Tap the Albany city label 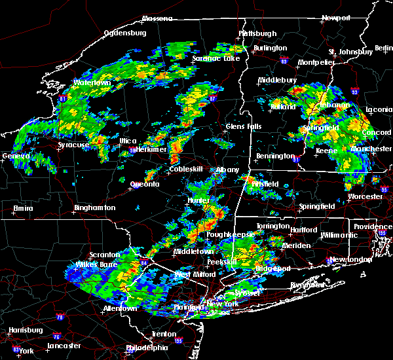point(229,170)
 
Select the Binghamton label point(94,207)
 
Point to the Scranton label point(105,255)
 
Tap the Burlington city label point(271,48)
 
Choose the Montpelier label point(317,62)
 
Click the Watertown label point(91,83)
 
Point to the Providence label point(373,226)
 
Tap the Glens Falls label point(244,126)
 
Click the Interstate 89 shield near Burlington point(284,59)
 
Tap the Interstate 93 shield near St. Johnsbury point(354,92)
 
